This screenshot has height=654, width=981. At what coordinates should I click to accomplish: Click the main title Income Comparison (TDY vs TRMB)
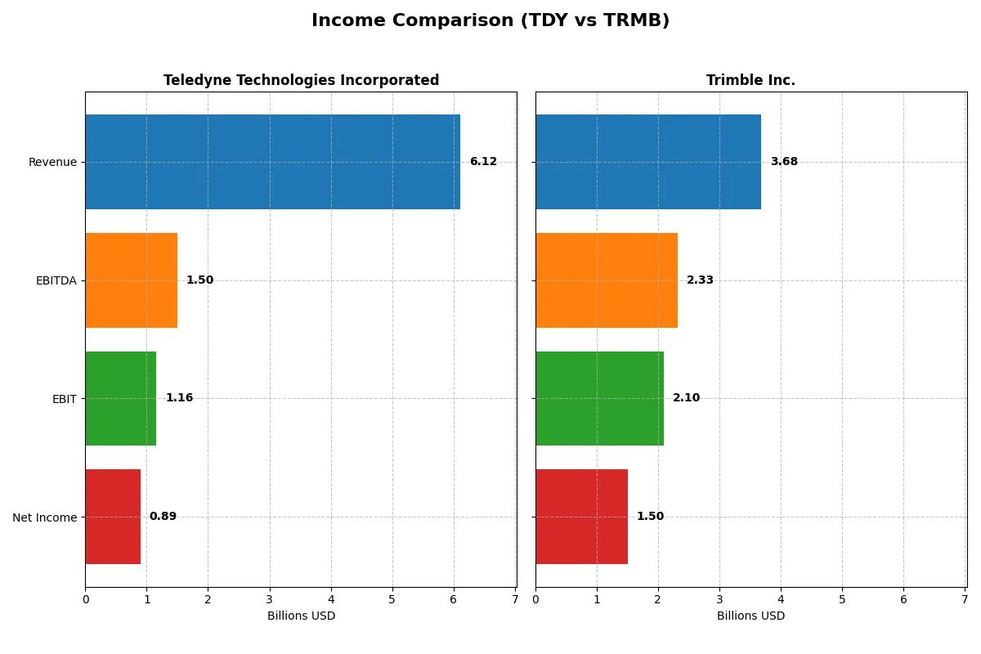tap(490, 21)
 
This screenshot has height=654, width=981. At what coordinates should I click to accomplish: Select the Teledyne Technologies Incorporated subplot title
tap(301, 80)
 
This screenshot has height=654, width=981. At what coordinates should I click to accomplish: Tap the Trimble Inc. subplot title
tap(750, 80)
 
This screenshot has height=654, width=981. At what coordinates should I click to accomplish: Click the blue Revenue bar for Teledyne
tap(272, 162)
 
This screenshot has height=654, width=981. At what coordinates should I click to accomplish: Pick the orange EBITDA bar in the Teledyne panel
tap(131, 280)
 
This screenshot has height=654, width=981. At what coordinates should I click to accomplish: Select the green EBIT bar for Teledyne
tap(120, 398)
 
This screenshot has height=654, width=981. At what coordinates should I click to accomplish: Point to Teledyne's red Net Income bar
tap(113, 517)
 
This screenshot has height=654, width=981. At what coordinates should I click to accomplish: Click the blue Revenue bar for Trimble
tap(648, 162)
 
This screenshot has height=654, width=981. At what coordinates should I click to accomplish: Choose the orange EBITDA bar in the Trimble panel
tap(607, 280)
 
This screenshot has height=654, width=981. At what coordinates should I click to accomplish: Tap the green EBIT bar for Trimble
tap(599, 398)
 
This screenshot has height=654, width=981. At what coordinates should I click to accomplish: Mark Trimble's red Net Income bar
tap(581, 517)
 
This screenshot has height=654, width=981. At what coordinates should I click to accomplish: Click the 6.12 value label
tap(483, 162)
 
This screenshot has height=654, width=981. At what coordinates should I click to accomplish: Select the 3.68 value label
tap(784, 162)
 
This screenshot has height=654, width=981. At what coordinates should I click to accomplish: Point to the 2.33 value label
tap(700, 280)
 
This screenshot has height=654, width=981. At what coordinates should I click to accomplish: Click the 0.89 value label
tap(163, 517)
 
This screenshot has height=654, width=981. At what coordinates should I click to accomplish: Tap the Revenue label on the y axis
tap(52, 162)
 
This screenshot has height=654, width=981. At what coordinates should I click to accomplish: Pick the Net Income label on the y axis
tap(44, 517)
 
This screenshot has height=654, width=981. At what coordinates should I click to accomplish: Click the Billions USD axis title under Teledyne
tap(301, 616)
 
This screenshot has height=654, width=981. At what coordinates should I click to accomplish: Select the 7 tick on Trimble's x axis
tap(965, 599)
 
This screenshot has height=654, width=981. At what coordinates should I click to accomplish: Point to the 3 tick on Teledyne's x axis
tap(270, 599)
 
